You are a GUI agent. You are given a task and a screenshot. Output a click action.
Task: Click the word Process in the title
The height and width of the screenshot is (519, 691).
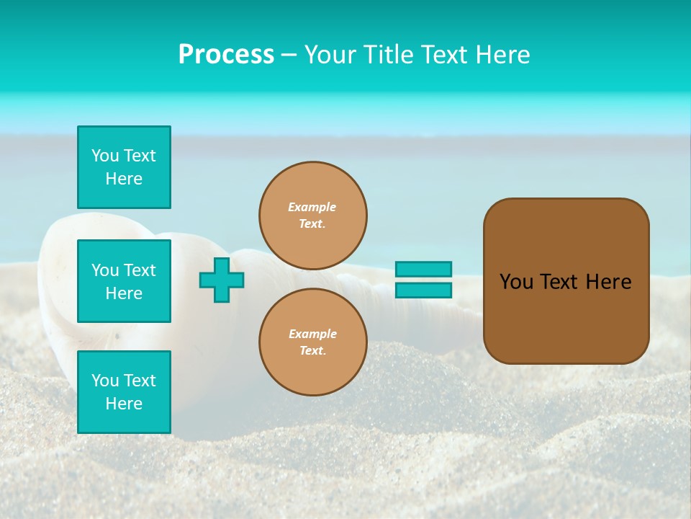coord(226,55)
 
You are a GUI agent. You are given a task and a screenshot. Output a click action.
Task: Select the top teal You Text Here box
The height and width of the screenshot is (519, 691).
coord(124,167)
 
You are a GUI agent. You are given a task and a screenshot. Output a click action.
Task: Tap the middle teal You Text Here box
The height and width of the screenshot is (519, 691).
coord(124,281)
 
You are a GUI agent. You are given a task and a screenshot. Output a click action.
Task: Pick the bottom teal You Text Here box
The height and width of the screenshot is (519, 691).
coord(124,391)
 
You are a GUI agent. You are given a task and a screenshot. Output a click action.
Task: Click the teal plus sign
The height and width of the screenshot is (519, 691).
coord(222,280)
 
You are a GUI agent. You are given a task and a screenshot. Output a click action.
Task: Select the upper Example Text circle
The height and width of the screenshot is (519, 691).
coord(313,215)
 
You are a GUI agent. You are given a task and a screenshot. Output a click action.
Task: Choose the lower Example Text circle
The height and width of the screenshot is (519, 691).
coord(313,342)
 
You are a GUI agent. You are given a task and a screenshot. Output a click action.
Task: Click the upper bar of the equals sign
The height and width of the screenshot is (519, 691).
coord(423,269)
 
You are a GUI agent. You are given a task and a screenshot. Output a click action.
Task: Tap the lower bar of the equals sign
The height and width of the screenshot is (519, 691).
coord(423,290)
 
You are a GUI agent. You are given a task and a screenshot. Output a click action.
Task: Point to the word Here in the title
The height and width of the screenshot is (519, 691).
coord(503,55)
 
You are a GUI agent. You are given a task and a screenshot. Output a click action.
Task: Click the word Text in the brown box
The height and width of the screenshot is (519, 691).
coord(559,282)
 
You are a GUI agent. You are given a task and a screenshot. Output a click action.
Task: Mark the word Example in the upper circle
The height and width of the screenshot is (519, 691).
coord(312,207)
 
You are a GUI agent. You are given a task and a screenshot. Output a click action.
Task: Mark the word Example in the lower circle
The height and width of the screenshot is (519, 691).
coord(312,334)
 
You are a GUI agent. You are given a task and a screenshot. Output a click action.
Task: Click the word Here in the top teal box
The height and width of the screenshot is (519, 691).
coord(124,179)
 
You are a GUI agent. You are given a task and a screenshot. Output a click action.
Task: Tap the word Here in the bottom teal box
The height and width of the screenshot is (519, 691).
coord(124,404)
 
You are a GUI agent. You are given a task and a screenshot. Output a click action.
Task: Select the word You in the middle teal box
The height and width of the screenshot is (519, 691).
coord(104,270)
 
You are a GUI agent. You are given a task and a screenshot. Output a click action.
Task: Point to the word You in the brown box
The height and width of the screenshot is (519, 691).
coord(516,282)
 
